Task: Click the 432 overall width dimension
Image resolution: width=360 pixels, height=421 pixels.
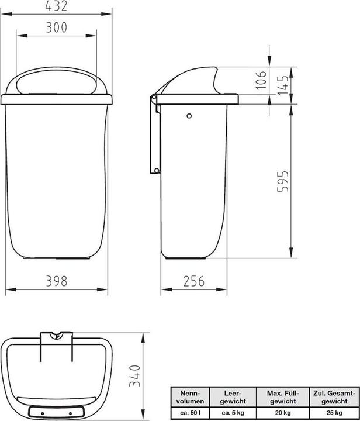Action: point(56,6)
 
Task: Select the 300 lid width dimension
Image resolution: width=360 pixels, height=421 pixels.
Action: point(56,27)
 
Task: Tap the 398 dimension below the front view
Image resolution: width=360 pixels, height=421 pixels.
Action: point(56,281)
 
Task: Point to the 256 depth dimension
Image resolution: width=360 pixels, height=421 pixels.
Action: point(193,281)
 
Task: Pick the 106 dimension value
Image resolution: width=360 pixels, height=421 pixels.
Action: point(262,82)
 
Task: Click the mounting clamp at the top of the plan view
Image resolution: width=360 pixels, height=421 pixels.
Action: point(56,338)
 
